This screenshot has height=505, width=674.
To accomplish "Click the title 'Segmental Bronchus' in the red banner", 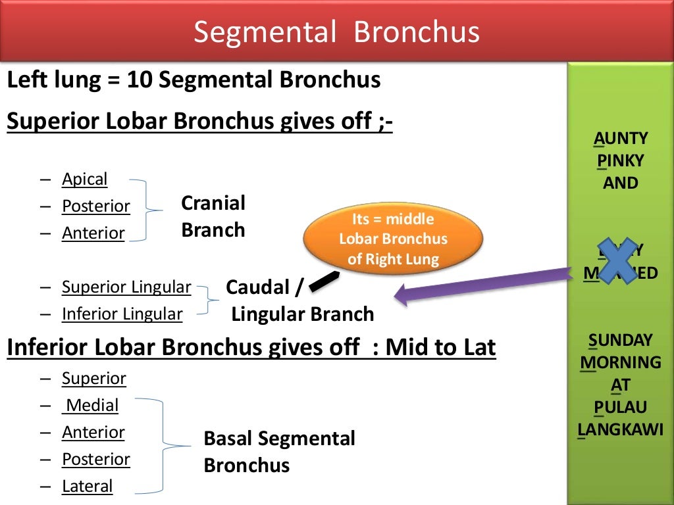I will coord(336,32).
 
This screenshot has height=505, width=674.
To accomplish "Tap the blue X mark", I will coord(617,260).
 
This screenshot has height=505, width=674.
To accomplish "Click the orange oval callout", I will coord(393,239).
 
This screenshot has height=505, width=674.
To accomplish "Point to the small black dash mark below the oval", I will coord(324,282).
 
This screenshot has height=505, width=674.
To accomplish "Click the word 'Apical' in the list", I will coord(84,179).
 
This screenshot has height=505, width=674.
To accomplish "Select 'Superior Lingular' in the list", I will coord(126,287).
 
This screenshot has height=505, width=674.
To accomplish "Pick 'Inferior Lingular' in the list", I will coord(122,314).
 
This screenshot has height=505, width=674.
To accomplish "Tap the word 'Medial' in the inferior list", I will coord(91,405).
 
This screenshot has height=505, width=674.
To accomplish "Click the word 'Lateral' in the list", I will coord(88,486).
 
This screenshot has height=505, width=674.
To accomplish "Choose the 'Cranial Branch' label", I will coord(213,216).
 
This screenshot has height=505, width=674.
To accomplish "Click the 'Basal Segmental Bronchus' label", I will coord(279,452).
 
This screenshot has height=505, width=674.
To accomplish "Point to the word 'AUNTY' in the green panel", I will coord(621,138).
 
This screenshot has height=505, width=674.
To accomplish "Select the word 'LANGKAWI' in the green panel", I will coord(621,430).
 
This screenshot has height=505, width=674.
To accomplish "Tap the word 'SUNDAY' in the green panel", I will coord(621,340).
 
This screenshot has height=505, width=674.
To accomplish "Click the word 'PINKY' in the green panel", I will coord(621,160).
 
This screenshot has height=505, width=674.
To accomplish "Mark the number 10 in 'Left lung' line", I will coord(140,80).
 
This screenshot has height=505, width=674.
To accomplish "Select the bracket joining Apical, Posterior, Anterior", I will coord(146,210).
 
